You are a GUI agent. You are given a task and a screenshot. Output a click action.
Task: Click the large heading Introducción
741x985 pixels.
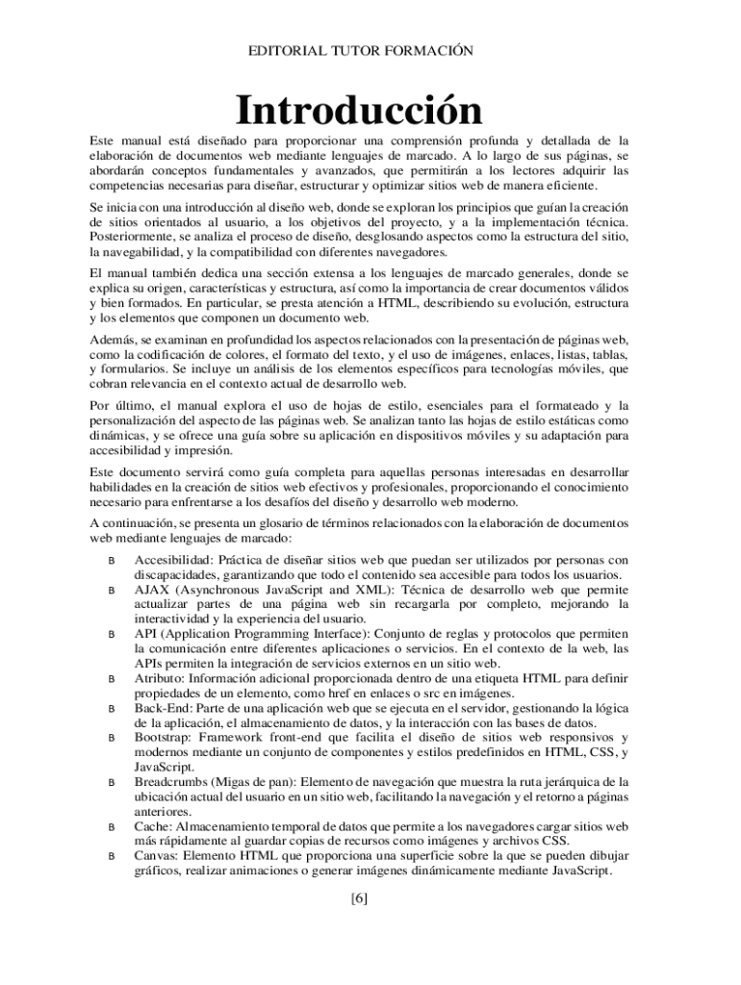click(x=360, y=110)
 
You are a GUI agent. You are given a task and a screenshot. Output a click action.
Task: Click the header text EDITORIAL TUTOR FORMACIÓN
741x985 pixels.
click(x=361, y=50)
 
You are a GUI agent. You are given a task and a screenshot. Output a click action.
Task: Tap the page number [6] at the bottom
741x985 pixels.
click(x=360, y=899)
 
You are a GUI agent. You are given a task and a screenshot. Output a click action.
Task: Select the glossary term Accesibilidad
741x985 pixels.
click(x=173, y=560)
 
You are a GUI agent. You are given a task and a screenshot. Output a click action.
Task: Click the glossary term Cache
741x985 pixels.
click(x=154, y=826)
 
